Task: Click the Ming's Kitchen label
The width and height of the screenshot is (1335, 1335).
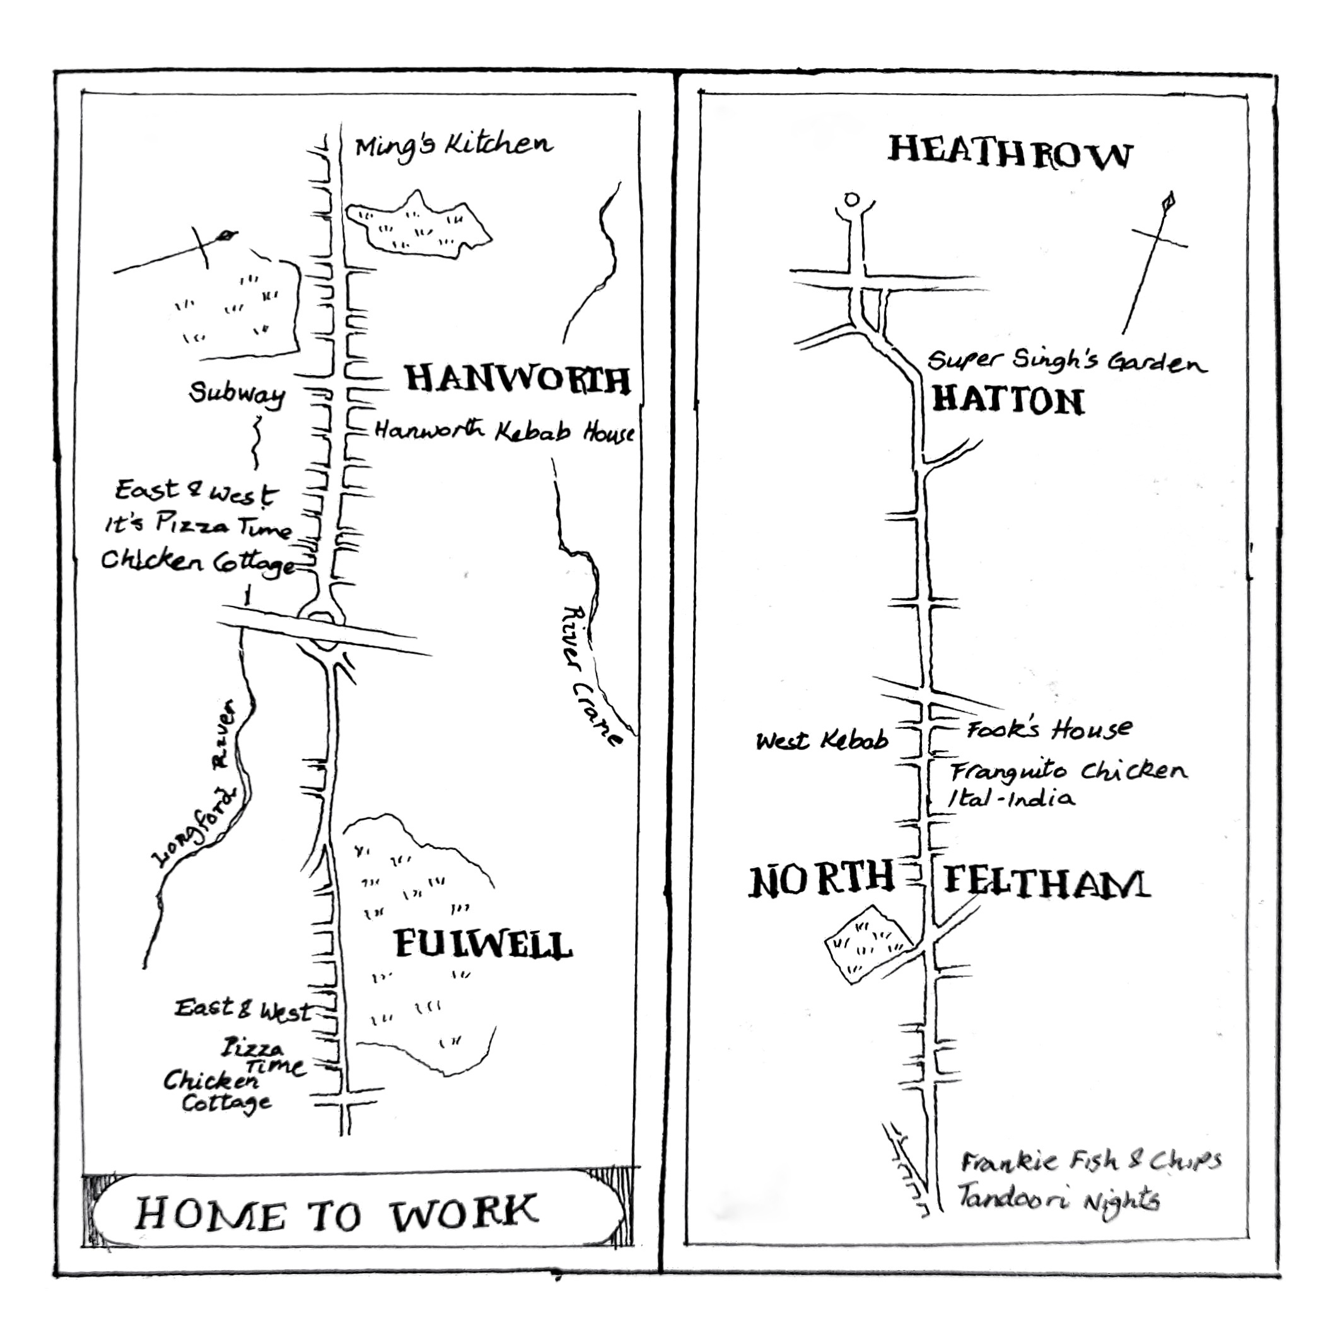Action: coord(453,146)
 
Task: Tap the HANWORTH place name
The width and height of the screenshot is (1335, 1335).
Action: coord(517,380)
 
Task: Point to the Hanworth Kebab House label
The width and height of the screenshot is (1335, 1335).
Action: coord(504,432)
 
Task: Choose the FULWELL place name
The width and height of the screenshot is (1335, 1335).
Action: coord(482,945)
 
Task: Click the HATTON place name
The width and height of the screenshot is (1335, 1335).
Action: coord(1008,401)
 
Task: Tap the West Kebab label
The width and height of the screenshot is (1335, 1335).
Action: coord(822,742)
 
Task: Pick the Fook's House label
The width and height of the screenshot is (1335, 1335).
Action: coord(1049,730)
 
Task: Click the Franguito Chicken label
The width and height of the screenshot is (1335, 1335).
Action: coord(1068,771)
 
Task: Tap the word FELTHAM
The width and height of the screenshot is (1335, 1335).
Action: coord(1046,883)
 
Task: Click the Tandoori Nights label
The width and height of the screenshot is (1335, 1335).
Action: coord(1058,1199)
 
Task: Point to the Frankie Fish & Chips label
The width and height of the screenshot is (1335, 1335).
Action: coord(1090,1161)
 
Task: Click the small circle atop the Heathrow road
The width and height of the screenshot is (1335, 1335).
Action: coord(853,200)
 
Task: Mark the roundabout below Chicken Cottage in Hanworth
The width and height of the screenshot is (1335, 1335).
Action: coord(322,629)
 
